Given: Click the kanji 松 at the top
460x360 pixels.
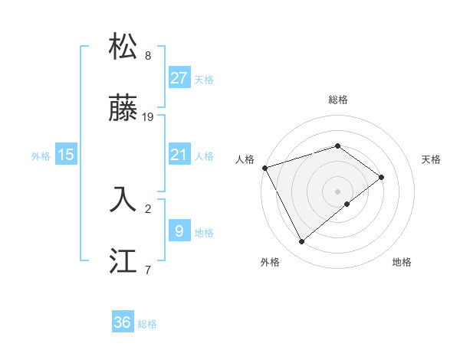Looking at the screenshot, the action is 124,47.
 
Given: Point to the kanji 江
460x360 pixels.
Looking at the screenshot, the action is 124,261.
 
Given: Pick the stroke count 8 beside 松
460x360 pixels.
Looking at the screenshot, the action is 147,56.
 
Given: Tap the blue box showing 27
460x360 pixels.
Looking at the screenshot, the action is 179,78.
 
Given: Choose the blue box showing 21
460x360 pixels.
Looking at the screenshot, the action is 179,155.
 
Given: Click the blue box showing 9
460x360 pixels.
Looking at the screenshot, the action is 179,231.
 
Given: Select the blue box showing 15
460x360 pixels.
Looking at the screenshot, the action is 66,155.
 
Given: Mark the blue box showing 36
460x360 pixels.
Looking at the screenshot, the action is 123,322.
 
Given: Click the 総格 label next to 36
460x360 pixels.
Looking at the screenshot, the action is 147,324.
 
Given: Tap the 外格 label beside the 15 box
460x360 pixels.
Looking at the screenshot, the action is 41,156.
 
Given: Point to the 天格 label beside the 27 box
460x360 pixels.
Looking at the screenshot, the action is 204,80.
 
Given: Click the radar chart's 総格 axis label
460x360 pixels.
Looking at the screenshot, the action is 337,100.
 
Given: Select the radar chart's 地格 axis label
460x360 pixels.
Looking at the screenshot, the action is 402,262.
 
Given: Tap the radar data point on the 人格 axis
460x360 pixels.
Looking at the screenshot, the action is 264,168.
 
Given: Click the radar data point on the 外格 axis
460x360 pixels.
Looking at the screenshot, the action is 301,242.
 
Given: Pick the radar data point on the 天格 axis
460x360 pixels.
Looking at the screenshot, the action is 381,177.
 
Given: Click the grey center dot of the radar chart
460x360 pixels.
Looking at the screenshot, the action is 337,191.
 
